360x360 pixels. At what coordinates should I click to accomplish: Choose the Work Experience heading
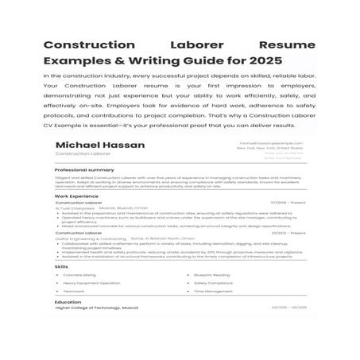[x=79, y=195]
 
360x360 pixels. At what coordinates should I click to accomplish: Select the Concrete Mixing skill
[x=83, y=275]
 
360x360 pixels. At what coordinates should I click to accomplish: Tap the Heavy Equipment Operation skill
[x=92, y=283]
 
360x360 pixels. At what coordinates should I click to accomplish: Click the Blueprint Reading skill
[x=212, y=275]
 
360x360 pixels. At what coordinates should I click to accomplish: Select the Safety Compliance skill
[x=213, y=283]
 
